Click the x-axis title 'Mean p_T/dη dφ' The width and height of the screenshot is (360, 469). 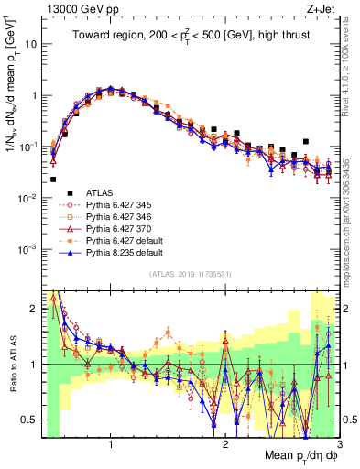click(x=301, y=456)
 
